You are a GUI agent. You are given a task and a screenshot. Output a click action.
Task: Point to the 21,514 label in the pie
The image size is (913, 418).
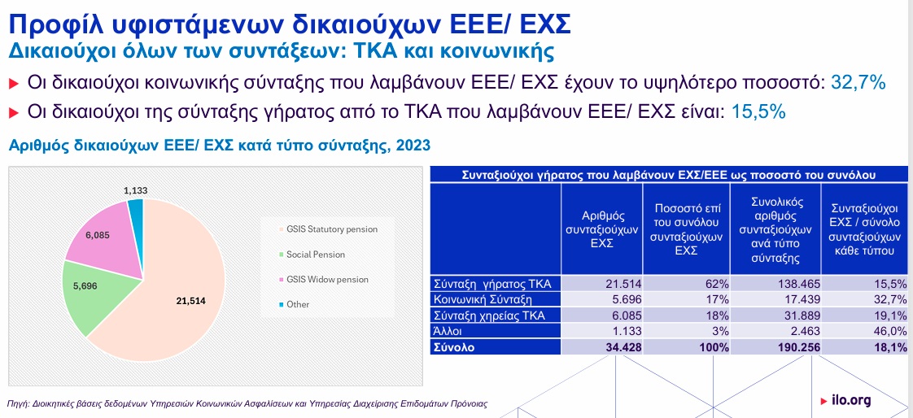190,300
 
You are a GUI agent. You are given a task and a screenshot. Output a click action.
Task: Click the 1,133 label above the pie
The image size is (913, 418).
135,190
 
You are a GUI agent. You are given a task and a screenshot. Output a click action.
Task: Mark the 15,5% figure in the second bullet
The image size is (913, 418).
758,111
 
